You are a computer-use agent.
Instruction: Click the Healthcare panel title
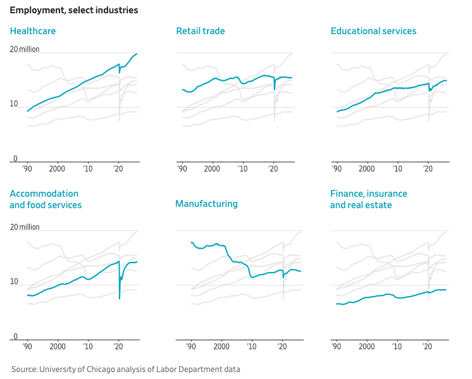point(32,31)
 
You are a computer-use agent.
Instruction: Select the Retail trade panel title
point(200,31)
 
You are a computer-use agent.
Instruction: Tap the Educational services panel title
point(373,31)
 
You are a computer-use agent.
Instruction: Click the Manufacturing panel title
point(206,204)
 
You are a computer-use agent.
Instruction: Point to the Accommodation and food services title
point(45,199)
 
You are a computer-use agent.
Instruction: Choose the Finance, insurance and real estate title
point(368,199)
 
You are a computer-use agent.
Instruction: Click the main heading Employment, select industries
point(73,10)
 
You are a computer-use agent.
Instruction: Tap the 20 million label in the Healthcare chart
point(25,49)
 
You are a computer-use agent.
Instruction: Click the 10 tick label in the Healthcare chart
point(13,104)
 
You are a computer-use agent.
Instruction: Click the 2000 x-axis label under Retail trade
point(212,170)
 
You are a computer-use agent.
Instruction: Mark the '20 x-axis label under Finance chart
point(428,347)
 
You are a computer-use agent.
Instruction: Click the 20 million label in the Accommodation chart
point(25,227)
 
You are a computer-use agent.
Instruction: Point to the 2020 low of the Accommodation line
point(120,298)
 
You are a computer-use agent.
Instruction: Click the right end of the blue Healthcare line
point(137,54)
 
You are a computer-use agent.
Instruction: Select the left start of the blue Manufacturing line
point(191,242)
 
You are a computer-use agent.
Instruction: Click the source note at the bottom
point(125,369)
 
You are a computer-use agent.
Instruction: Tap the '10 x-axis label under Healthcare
point(87,170)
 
